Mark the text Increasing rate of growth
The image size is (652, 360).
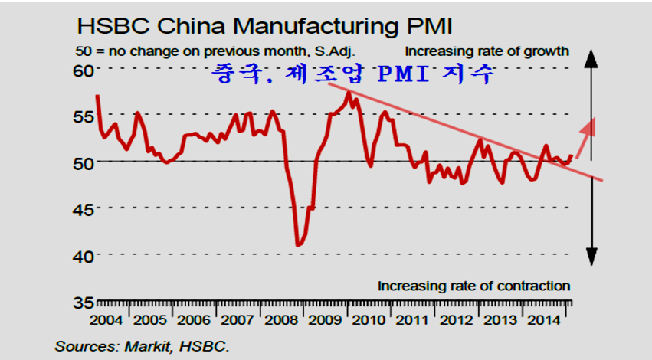(x=487, y=52)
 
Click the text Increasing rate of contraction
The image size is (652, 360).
(x=474, y=286)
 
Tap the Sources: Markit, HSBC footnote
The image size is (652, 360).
(x=142, y=346)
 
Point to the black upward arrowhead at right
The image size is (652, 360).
(x=591, y=55)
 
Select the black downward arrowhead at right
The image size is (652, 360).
(x=591, y=258)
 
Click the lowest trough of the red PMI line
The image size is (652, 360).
(x=299, y=245)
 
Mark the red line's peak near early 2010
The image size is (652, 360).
(x=349, y=93)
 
